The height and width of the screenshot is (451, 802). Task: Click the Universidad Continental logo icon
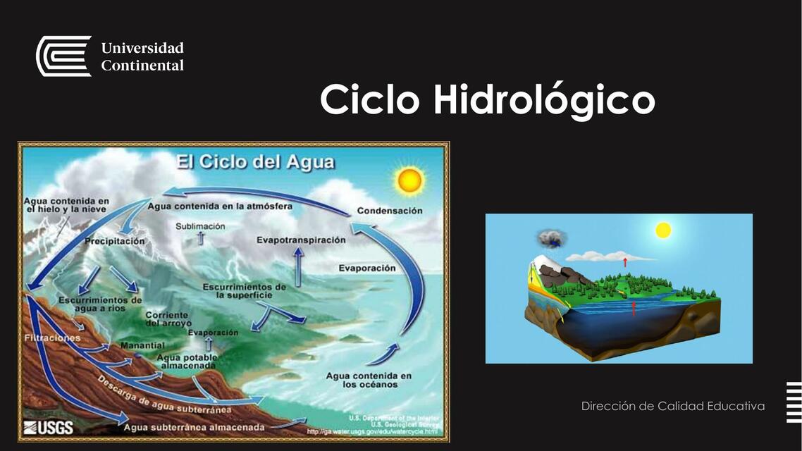tap(63, 56)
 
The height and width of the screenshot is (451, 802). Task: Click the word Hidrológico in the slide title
tap(544, 100)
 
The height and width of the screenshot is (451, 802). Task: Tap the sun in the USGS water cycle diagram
tap(409, 181)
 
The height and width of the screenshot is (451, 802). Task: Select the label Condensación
tap(390, 211)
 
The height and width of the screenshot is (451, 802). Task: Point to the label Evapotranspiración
tap(301, 240)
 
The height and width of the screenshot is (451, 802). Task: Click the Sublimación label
tap(200, 226)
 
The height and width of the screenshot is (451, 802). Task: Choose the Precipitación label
tap(115, 241)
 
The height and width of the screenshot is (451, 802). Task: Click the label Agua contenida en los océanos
tap(368, 380)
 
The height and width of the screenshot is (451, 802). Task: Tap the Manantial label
tap(142, 346)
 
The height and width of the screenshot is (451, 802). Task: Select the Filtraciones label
tap(52, 338)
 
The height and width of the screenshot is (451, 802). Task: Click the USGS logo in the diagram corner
tap(48, 427)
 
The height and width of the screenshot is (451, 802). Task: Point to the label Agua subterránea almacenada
tap(194, 427)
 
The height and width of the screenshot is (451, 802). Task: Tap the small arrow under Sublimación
tap(201, 238)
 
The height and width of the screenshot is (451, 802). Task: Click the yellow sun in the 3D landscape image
tap(662, 230)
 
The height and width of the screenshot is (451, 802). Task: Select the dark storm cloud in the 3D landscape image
tap(549, 238)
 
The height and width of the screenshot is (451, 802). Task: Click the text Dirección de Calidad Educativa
tap(672, 406)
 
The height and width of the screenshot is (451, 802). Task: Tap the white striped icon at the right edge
tap(794, 402)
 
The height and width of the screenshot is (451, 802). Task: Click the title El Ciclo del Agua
tap(255, 163)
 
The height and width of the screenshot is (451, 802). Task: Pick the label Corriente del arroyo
tap(167, 319)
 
